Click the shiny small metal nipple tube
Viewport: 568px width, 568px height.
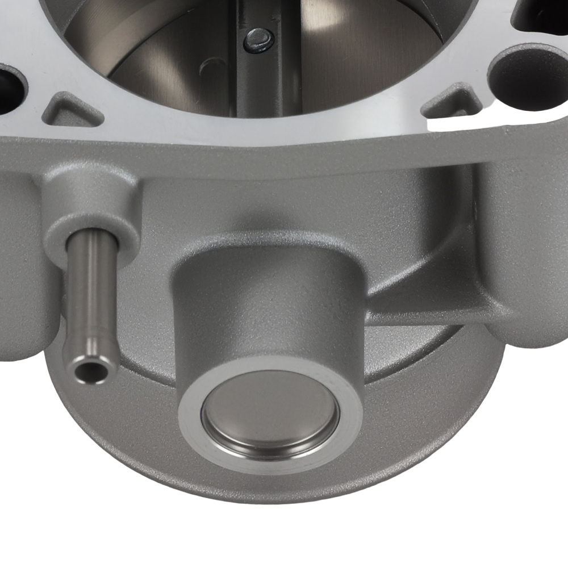coord(90,301)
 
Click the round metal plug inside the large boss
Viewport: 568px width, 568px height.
coord(271,413)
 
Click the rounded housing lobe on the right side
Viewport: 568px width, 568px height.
coord(523,256)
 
